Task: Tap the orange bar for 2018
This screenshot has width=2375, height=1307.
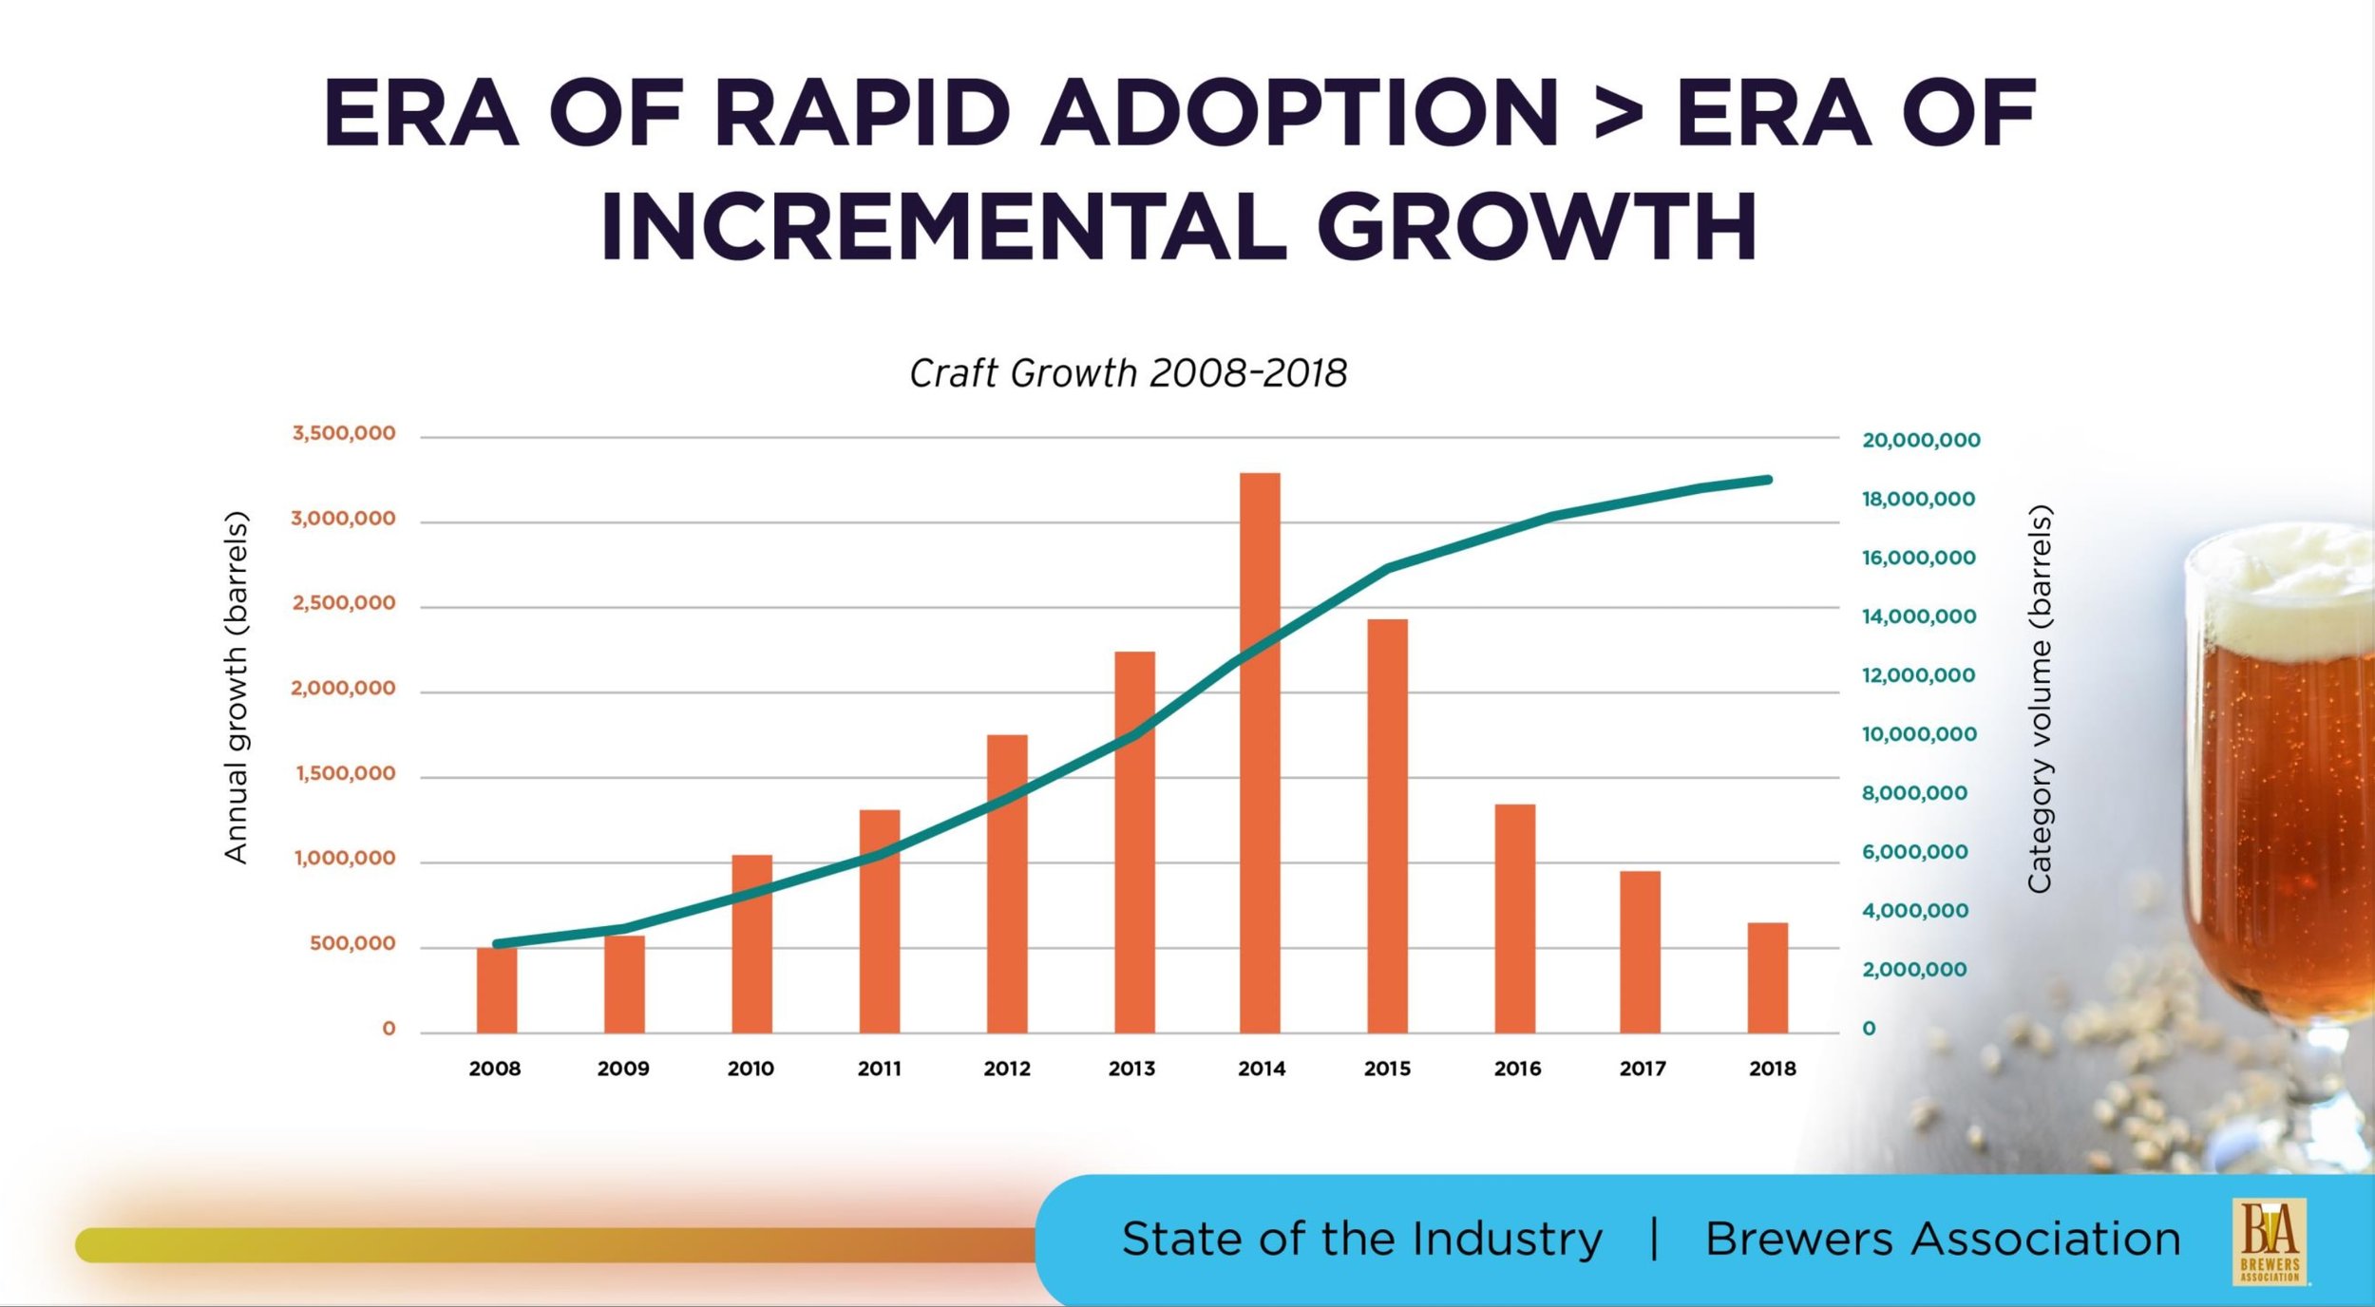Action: [1768, 977]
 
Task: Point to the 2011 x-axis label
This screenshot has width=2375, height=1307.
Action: [880, 1069]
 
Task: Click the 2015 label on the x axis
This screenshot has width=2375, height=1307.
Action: [1387, 1069]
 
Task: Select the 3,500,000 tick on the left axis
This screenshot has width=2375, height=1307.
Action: [344, 433]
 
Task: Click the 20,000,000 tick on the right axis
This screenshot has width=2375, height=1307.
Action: [1921, 440]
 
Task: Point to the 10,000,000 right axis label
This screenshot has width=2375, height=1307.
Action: [1919, 734]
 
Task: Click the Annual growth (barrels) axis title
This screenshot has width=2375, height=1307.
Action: [236, 687]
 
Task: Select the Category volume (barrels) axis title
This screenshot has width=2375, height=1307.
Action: [2040, 698]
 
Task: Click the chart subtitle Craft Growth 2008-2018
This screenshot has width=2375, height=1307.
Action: [1128, 373]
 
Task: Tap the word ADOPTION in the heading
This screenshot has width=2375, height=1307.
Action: [1301, 113]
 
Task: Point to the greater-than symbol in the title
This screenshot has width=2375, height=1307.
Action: [1618, 115]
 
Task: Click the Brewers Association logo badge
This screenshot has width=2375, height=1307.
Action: [2270, 1241]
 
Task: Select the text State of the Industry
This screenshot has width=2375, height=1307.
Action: [1361, 1239]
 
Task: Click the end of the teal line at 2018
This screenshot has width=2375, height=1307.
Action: [1768, 480]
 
